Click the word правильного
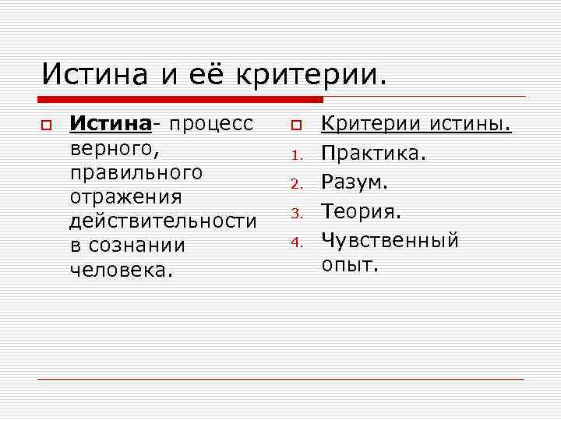click(136, 172)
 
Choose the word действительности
click(162, 221)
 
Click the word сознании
click(136, 246)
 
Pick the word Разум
click(355, 183)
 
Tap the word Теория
click(361, 212)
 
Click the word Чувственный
click(390, 241)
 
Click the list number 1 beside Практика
click(295, 155)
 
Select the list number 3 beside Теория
click(295, 214)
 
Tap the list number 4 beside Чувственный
click(295, 242)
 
